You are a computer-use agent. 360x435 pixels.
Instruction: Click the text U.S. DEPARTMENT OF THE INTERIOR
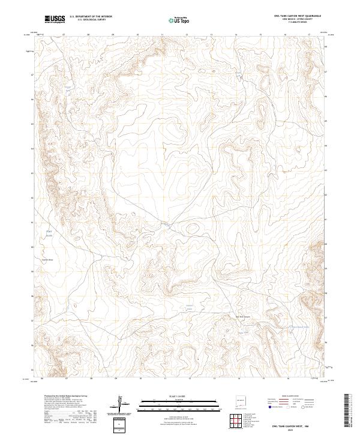click(x=91, y=17)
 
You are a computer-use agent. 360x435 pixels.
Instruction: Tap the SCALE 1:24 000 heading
click(x=180, y=395)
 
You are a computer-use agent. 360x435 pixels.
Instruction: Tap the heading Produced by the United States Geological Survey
click(x=66, y=396)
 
